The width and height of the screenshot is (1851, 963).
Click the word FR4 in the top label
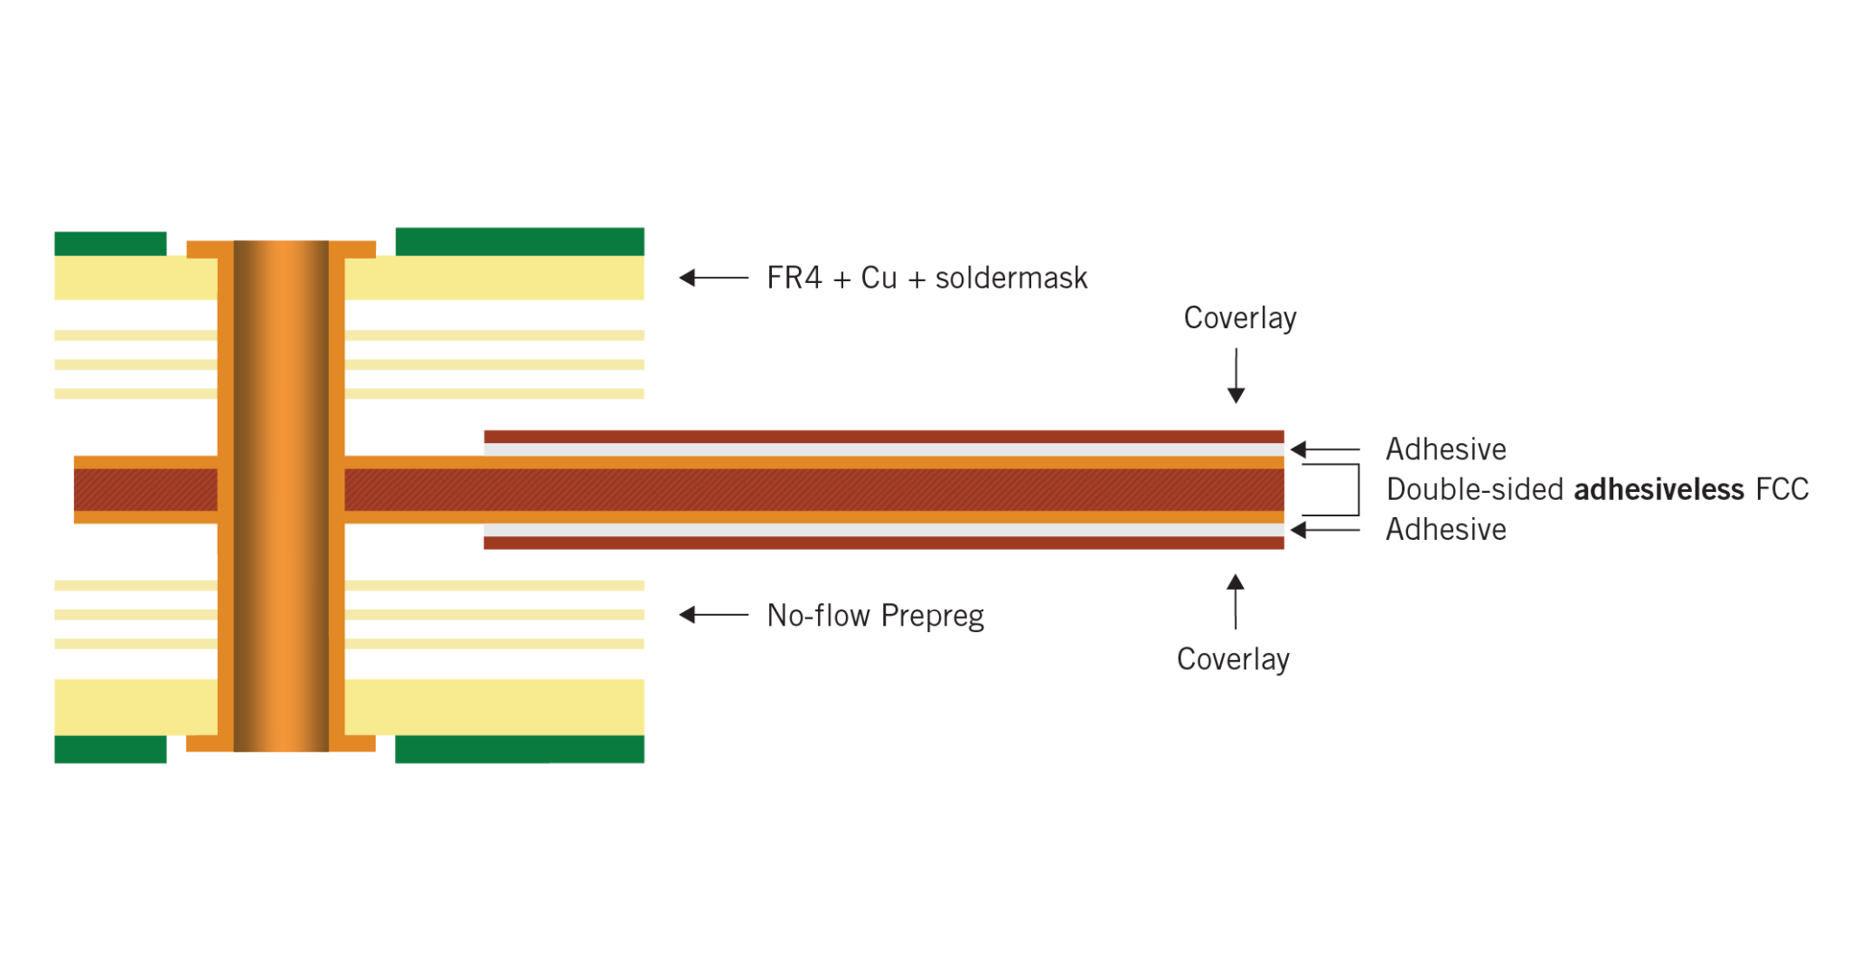794,278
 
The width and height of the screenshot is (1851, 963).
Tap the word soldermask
1011,278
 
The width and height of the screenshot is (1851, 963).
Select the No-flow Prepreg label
875,616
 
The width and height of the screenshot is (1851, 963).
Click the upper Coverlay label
1239,318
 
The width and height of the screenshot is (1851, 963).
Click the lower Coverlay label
1233,659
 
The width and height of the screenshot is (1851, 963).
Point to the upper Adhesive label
1444,449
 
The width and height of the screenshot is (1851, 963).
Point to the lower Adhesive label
1444,529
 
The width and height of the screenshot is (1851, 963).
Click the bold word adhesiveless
1658,489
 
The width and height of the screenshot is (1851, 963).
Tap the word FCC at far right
1781,489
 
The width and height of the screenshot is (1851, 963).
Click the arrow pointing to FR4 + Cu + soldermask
713,278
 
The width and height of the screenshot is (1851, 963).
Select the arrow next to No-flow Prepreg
713,615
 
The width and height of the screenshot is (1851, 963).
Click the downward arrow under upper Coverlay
1236,375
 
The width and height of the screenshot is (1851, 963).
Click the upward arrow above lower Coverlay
1236,600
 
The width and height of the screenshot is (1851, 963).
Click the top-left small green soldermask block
109,243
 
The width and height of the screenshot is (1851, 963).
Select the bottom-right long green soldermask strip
520,750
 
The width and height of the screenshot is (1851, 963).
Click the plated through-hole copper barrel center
281,496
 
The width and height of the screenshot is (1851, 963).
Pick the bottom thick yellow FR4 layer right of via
494,707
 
